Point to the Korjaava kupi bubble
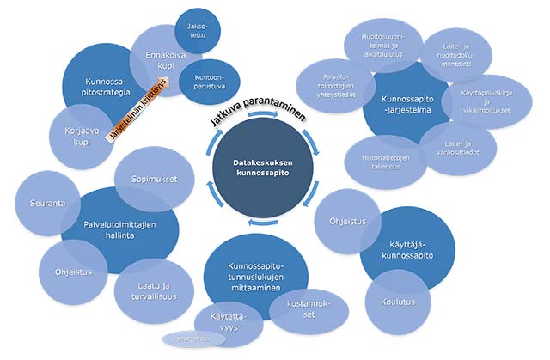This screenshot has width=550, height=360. [78, 137]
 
